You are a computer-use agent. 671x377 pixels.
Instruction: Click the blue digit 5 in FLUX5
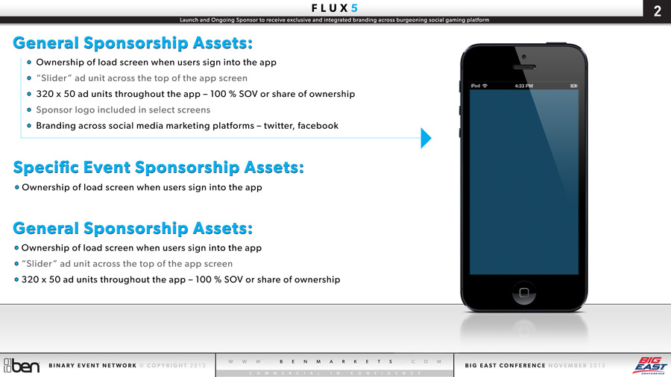354,8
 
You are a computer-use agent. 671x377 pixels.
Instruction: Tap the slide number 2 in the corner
658,11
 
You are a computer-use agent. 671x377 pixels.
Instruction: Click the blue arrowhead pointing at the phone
426,138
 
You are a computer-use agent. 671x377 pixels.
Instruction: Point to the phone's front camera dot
524,57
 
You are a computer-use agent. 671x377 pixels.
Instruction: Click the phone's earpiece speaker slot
524,67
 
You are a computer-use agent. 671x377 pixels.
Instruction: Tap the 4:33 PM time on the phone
524,86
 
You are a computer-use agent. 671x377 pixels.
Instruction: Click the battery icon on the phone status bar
573,86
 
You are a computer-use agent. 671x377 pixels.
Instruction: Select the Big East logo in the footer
649,366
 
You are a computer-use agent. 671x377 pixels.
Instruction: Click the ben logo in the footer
22,366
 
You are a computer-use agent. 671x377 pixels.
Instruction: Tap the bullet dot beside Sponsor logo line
29,110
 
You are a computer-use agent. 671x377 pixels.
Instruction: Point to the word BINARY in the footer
61,366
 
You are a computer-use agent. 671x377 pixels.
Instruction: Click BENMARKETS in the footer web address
336,361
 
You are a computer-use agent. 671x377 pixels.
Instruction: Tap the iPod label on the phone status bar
476,86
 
